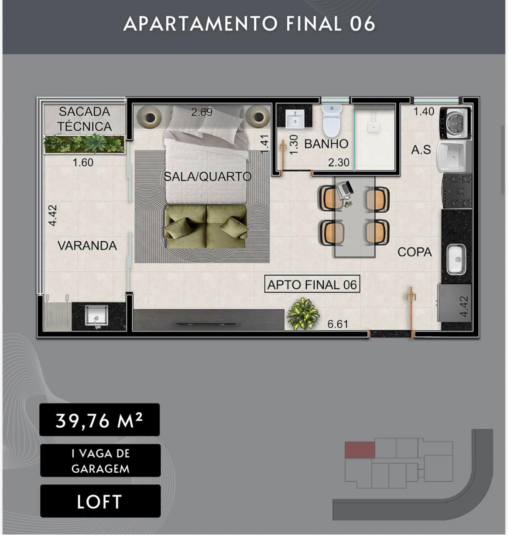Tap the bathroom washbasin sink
tap(295, 119)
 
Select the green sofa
tap(206, 227)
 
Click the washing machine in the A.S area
tap(455, 123)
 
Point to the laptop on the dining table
tap(345, 189)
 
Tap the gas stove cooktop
tap(457, 191)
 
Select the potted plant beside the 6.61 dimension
tap(303, 313)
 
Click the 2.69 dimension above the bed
tap(202, 112)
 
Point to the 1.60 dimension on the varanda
tap(83, 163)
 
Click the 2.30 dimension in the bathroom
tap(338, 163)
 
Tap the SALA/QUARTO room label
tap(207, 177)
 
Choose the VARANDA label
tap(87, 246)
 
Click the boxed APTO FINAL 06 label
tap(312, 285)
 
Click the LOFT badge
tap(100, 502)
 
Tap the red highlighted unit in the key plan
tap(360, 450)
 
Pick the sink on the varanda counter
tap(96, 316)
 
